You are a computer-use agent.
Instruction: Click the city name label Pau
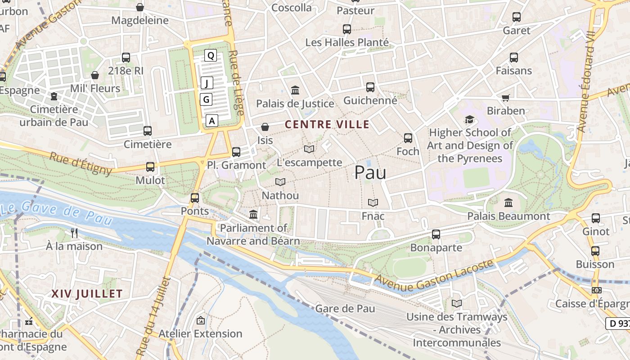pyautogui.click(x=370, y=172)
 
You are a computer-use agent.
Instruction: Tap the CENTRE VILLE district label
pyautogui.click(x=327, y=125)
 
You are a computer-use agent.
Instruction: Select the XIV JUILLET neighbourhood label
pyautogui.click(x=87, y=294)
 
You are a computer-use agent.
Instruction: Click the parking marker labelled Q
pyautogui.click(x=210, y=56)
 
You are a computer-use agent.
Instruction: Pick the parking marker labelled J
pyautogui.click(x=207, y=83)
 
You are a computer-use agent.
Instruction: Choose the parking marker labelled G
pyautogui.click(x=206, y=99)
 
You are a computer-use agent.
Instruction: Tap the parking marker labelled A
pyautogui.click(x=212, y=121)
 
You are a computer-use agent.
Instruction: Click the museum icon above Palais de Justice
pyautogui.click(x=295, y=90)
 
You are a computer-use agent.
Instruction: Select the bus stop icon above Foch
pyautogui.click(x=408, y=138)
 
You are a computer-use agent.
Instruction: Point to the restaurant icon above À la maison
pyautogui.click(x=75, y=233)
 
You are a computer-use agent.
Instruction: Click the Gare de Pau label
pyautogui.click(x=345, y=309)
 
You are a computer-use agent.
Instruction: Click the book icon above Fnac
pyautogui.click(x=373, y=202)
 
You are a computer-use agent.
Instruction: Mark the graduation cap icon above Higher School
pyautogui.click(x=469, y=120)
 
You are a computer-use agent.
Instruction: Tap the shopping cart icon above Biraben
pyautogui.click(x=506, y=98)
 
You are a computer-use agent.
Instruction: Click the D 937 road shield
pyautogui.click(x=619, y=323)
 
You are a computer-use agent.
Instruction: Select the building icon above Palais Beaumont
pyautogui.click(x=508, y=202)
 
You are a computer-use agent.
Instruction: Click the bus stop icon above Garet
pyautogui.click(x=516, y=17)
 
